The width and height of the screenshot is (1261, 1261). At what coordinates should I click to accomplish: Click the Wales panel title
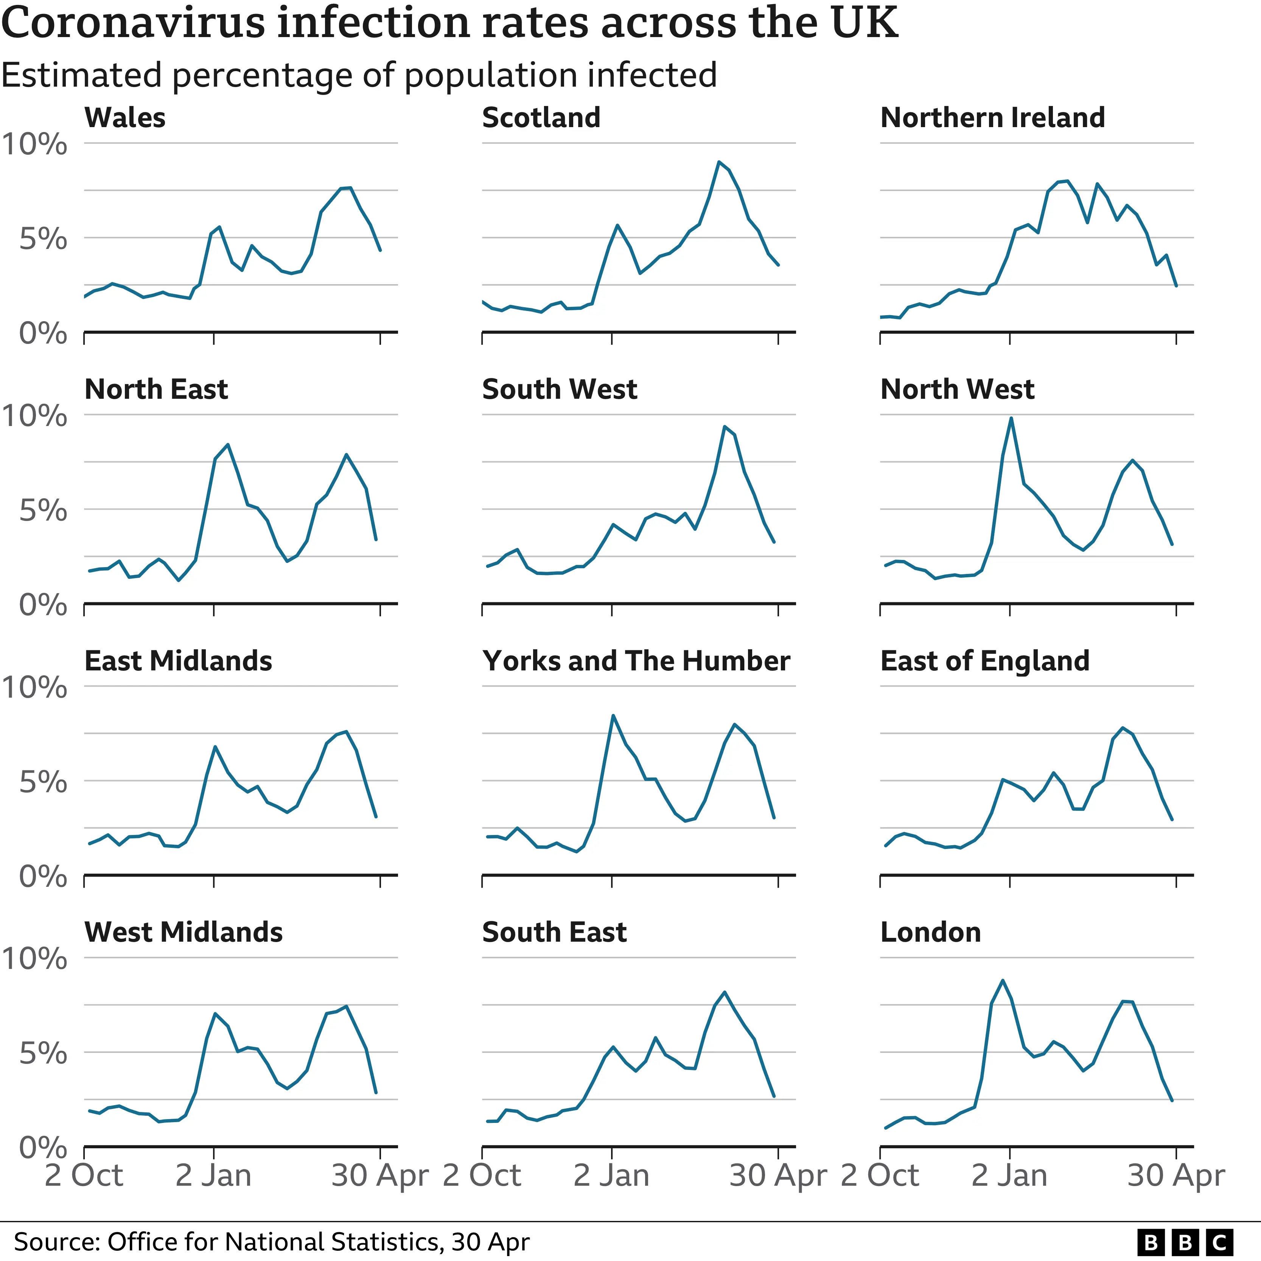tap(125, 118)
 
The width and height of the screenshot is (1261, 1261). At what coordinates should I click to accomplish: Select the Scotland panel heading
tap(541, 118)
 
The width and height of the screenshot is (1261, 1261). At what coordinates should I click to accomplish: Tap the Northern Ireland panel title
tap(992, 118)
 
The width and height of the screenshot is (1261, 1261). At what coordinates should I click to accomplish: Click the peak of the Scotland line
tap(718, 162)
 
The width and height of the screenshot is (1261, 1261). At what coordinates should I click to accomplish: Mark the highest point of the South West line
tap(724, 427)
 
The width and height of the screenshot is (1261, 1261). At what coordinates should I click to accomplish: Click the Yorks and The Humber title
tap(636, 661)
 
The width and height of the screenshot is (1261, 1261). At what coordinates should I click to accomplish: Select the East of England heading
tap(984, 661)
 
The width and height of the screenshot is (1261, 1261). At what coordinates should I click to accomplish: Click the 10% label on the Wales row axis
tap(34, 144)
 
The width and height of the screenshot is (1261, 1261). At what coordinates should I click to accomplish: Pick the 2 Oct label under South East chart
tap(482, 1175)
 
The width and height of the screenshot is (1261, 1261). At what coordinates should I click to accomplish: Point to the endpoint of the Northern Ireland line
tap(1176, 285)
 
